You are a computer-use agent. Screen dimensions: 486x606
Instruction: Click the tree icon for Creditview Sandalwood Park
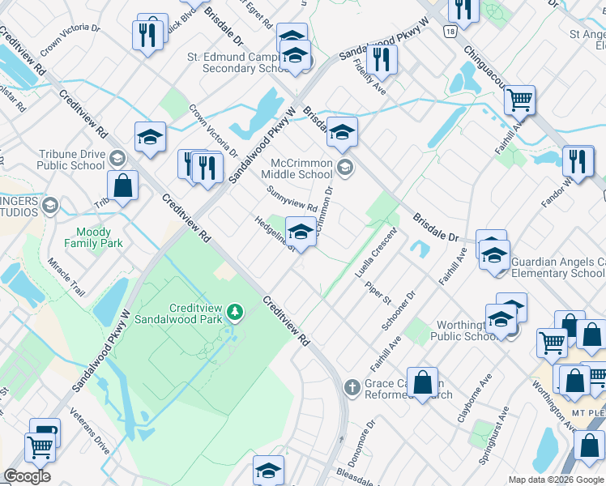[235, 311]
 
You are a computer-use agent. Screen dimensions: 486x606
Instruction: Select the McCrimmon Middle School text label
[301, 168]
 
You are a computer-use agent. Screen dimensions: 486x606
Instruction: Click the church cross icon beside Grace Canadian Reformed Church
[352, 388]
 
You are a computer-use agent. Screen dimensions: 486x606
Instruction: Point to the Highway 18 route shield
[449, 31]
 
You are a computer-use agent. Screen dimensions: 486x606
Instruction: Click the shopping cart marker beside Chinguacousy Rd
[519, 100]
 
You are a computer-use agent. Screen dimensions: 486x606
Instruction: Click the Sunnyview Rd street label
[293, 198]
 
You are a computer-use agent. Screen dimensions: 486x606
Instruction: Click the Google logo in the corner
[27, 476]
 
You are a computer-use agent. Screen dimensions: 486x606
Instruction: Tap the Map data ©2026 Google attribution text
[556, 480]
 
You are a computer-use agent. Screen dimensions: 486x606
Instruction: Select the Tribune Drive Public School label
[70, 160]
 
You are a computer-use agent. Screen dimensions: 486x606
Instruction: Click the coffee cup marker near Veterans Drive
[45, 431]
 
